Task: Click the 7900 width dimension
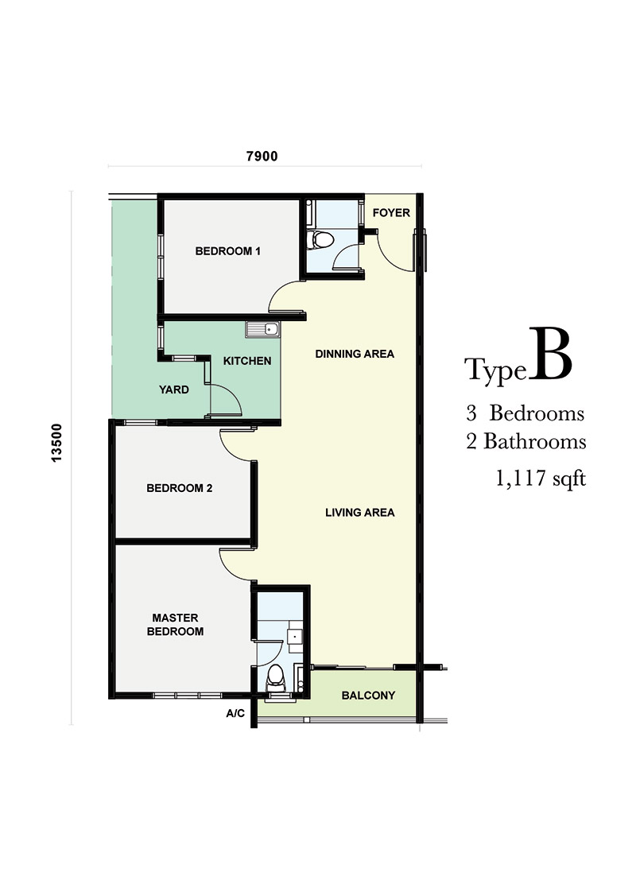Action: click(x=262, y=156)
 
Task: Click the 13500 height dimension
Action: click(x=56, y=443)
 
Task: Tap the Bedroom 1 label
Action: click(x=228, y=251)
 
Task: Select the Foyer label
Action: click(x=391, y=213)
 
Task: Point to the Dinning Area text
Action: click(x=355, y=354)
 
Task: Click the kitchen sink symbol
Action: click(x=262, y=329)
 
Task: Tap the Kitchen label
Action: click(x=247, y=361)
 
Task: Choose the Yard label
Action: click(x=174, y=390)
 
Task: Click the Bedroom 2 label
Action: click(x=180, y=488)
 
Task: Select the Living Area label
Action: click(x=360, y=513)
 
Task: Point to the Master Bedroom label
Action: click(x=175, y=625)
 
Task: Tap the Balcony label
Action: click(x=368, y=696)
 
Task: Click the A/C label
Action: click(x=236, y=713)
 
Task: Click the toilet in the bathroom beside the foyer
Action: click(x=322, y=238)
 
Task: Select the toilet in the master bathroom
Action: click(x=276, y=676)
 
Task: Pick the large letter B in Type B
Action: click(x=549, y=355)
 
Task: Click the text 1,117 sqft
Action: click(x=541, y=479)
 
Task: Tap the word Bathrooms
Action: click(x=535, y=441)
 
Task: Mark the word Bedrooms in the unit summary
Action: click(x=537, y=413)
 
